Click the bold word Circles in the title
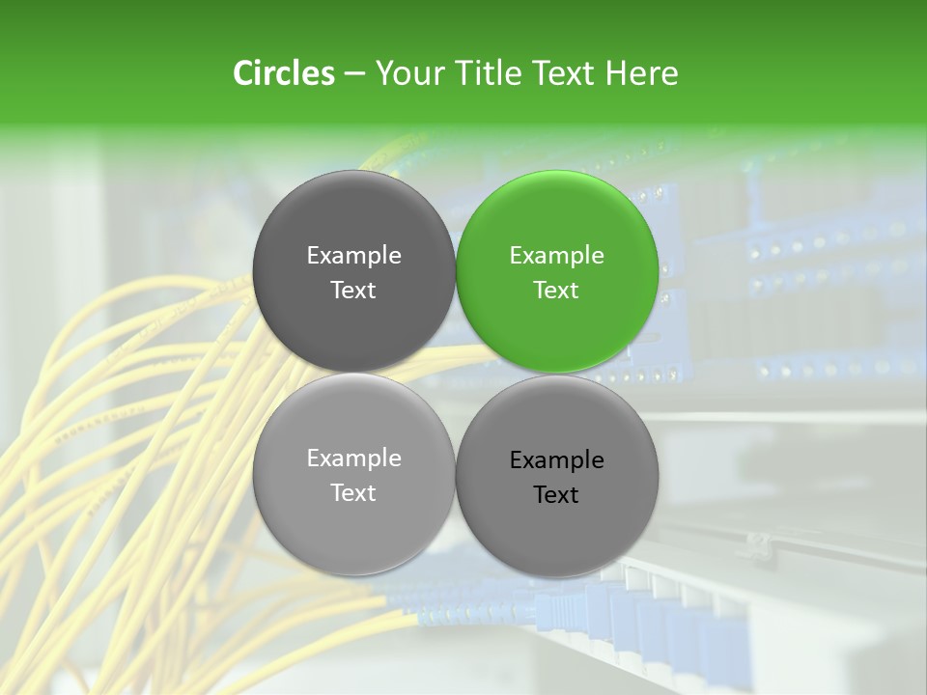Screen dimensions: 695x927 coord(284,73)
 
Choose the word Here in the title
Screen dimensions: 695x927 coord(642,73)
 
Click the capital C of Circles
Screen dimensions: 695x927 coord(243,73)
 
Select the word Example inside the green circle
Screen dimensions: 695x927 coord(556,256)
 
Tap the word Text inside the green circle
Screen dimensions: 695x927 coord(556,290)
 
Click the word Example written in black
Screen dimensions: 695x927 coord(556,460)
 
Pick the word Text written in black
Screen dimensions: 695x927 coord(556,495)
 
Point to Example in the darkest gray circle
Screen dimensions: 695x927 coord(353,256)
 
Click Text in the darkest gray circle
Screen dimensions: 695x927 coord(353,290)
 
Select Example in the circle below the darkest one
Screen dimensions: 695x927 coord(353,459)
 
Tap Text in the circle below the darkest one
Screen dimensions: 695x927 coord(353,492)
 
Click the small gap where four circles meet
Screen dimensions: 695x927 coord(455,373)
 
